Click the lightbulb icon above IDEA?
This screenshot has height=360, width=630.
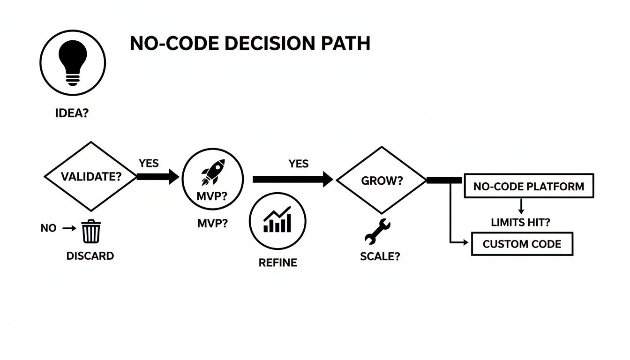pos(73,62)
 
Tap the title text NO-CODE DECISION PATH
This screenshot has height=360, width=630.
pos(250,44)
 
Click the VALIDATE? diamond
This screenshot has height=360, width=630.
pos(90,177)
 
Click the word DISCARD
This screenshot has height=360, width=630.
pos(90,256)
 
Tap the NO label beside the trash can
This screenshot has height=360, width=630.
pos(48,228)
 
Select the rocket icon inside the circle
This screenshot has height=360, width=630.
pos(213,172)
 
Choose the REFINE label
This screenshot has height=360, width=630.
pos(277,262)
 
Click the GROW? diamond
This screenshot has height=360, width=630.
pos(382,181)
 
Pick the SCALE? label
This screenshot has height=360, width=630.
pos(380,257)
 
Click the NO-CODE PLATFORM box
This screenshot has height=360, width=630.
pos(529,186)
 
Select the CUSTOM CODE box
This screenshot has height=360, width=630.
pos(522,244)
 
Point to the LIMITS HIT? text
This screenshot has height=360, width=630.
pos(521,223)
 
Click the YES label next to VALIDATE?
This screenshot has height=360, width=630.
pos(149,164)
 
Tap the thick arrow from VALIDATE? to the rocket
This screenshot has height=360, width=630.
pos(157,177)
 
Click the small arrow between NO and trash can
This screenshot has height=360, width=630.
pos(69,228)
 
